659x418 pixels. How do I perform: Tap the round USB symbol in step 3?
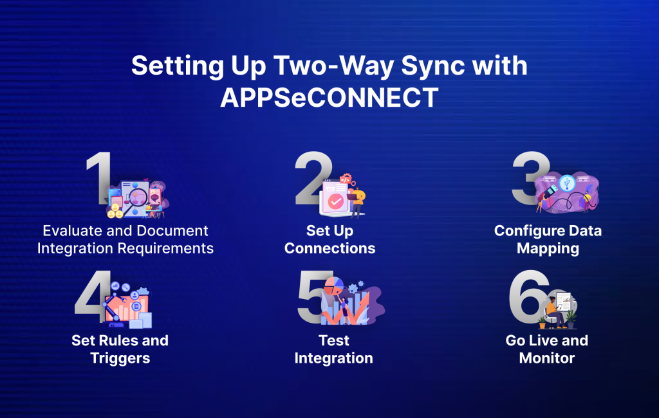click(x=567, y=183)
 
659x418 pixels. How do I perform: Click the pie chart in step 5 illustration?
click(x=333, y=284)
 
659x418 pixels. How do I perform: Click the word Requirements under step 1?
click(x=169, y=249)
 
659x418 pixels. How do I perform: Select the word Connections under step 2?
click(x=329, y=249)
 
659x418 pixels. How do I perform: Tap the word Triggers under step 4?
click(x=120, y=358)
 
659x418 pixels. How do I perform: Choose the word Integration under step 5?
click(x=333, y=358)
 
